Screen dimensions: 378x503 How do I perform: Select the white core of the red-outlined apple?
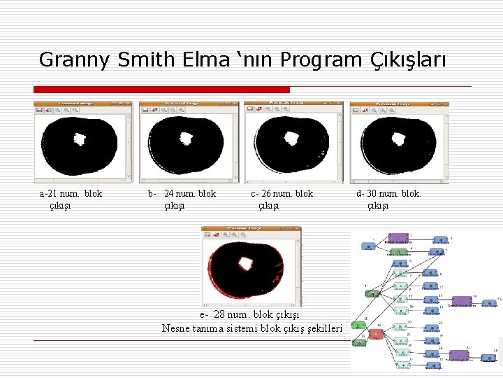coord(246,264)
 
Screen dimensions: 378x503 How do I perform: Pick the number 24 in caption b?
coord(169,194)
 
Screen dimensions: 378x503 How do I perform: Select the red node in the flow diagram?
coord(376,334)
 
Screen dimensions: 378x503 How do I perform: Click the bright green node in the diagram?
coord(358,325)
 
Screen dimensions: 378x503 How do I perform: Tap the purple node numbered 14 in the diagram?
coord(461,301)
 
